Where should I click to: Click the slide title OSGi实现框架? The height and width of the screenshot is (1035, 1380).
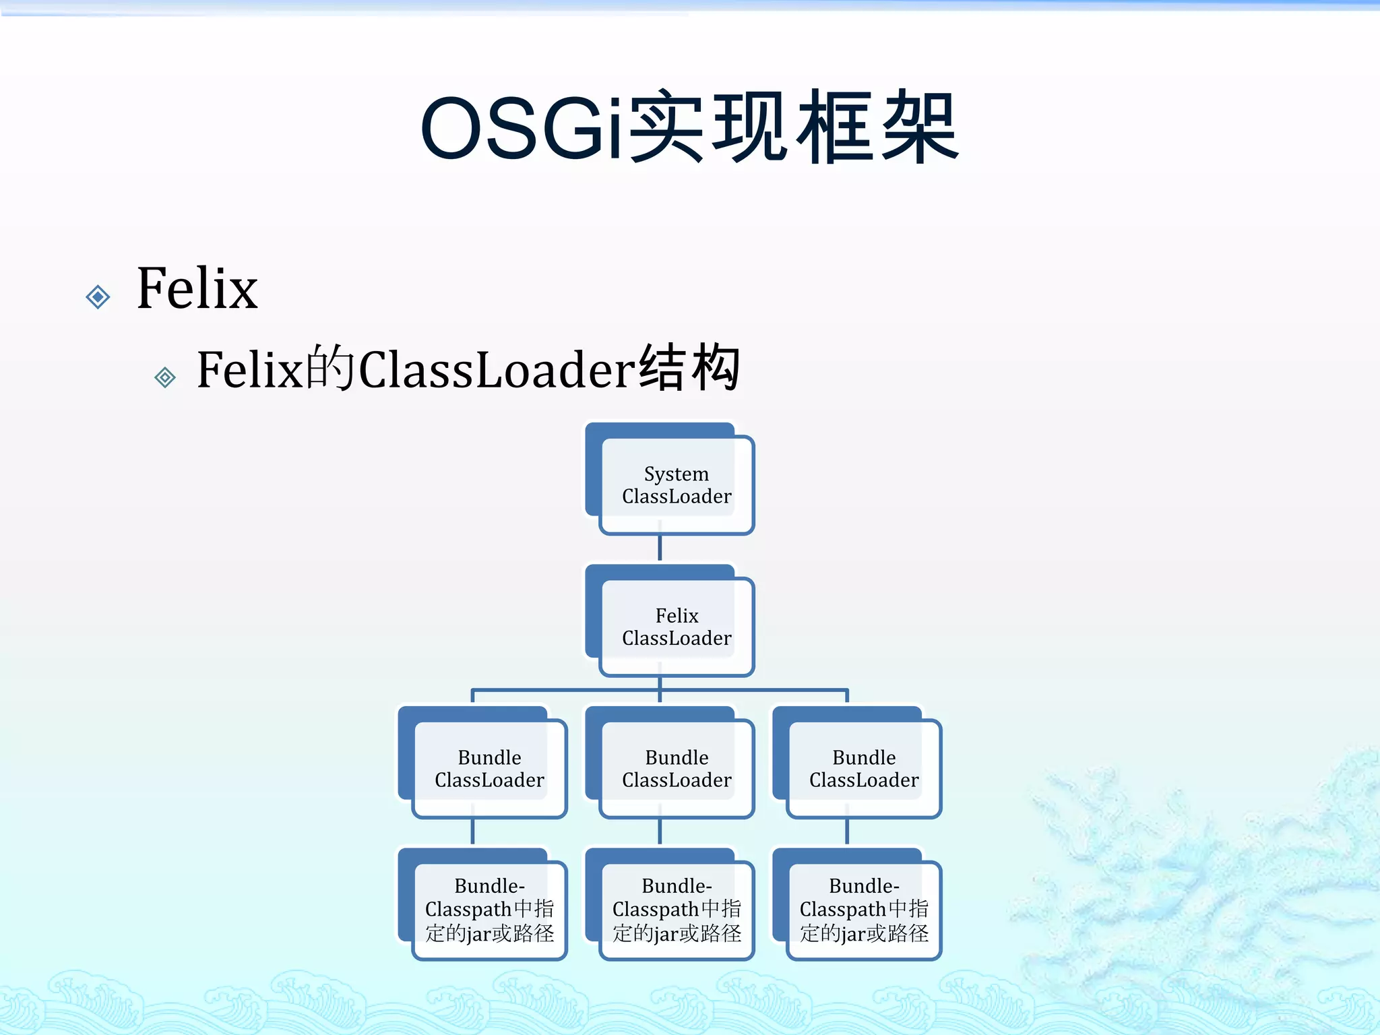point(689,128)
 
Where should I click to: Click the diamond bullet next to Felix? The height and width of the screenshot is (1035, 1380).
point(98,296)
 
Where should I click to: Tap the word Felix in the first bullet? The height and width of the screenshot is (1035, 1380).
point(197,288)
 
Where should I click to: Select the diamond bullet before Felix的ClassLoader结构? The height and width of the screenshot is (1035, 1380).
point(165,377)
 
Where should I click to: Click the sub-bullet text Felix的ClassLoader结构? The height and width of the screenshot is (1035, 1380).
point(468,369)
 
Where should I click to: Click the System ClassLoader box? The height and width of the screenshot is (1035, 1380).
point(676,485)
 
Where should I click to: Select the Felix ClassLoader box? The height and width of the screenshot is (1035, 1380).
point(676,627)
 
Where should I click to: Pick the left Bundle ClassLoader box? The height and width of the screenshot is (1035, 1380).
point(489,769)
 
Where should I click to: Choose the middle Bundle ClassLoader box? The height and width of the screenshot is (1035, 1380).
point(676,769)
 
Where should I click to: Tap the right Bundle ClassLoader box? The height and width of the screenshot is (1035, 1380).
point(863,769)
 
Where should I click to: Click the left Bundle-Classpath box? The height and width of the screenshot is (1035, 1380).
point(489,910)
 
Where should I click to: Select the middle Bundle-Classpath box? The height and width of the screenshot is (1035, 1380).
point(676,910)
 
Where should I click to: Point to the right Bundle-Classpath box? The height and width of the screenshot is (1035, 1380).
point(863,910)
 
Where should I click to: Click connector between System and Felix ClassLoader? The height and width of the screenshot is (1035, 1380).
point(660,548)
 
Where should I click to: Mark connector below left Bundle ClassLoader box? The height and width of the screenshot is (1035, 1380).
point(473,832)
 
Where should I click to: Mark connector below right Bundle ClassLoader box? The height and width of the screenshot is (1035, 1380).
point(847,832)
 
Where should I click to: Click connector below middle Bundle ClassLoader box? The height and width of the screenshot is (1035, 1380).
point(660,832)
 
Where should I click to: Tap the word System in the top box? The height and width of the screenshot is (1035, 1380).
point(676,474)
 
